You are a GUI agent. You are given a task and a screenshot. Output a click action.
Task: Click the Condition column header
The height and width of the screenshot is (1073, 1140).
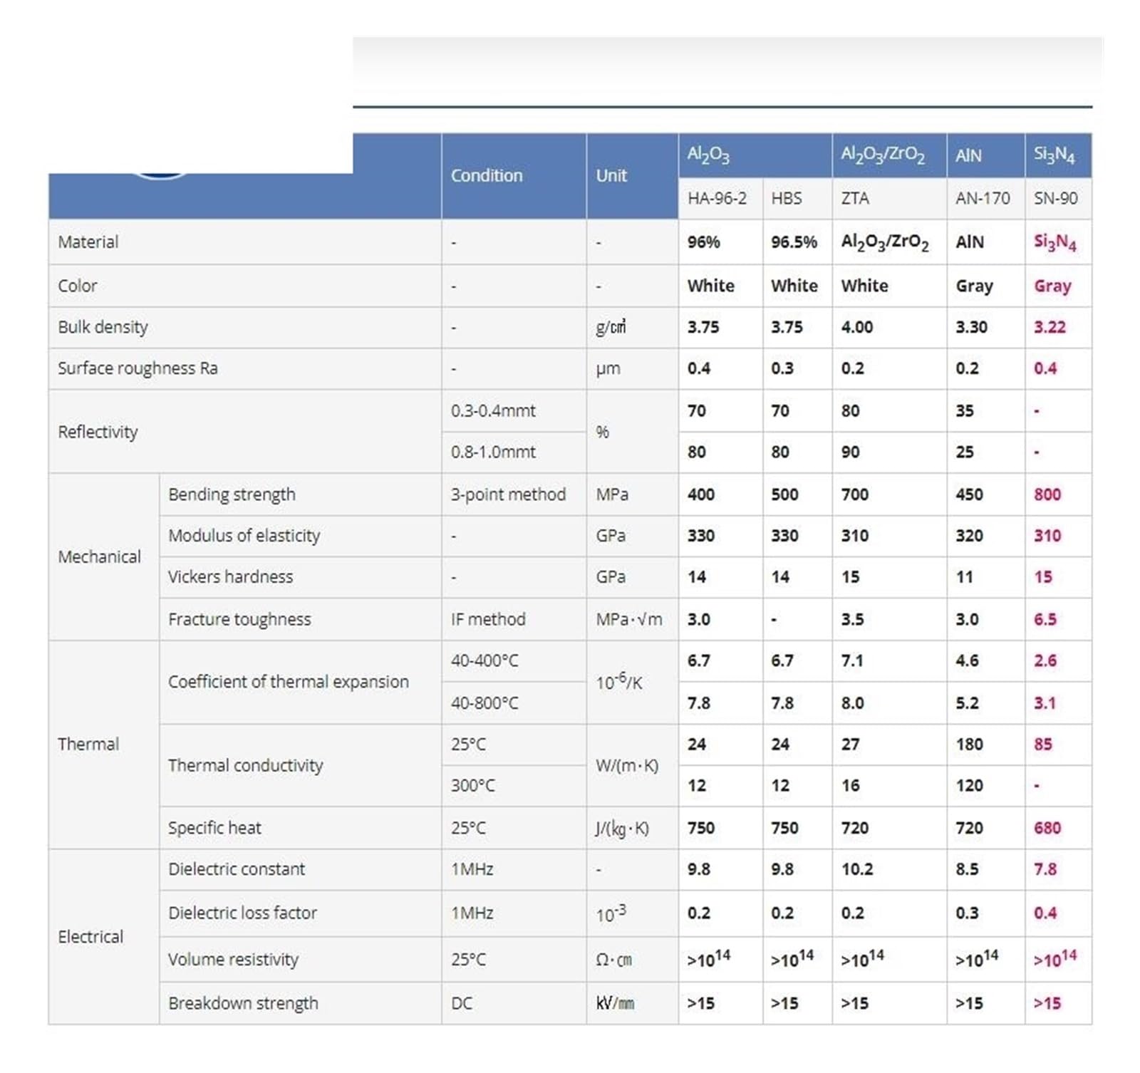[487, 175]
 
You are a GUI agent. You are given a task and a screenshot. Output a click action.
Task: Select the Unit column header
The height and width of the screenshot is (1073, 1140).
[611, 175]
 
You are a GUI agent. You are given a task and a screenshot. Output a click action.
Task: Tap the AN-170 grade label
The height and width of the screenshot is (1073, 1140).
[983, 198]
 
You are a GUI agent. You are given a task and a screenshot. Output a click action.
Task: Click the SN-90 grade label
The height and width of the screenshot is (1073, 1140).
[1055, 198]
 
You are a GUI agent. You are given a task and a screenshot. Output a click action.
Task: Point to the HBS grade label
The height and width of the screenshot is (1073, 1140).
[786, 198]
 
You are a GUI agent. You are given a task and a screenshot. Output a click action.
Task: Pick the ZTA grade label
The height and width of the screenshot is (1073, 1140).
[855, 198]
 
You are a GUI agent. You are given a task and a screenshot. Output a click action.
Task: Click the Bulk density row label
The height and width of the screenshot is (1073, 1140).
[103, 327]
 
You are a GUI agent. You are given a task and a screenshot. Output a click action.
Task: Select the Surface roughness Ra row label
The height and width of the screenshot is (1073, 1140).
[138, 368]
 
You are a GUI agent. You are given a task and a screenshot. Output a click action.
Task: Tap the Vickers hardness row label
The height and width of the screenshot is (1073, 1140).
[230, 576]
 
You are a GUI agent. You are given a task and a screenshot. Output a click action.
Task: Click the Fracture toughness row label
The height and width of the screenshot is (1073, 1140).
[239, 619]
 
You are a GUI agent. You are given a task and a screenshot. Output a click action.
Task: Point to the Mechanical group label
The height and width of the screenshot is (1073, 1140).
[99, 556]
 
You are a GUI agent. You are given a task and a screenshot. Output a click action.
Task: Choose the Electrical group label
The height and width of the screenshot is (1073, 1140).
[90, 936]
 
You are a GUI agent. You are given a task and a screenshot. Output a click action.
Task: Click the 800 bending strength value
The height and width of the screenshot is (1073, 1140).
[1047, 494]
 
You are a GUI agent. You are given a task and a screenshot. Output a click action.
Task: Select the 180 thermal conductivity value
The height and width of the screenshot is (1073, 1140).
[969, 744]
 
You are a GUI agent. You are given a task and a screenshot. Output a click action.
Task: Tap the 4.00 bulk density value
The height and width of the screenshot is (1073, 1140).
[856, 327]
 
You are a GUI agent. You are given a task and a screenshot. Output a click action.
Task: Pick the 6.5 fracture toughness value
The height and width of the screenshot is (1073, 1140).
[1045, 619]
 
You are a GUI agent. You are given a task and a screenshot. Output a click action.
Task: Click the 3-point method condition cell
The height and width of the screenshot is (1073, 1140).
[508, 494]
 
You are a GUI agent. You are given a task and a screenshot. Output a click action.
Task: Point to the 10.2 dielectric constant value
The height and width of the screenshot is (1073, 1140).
[856, 869]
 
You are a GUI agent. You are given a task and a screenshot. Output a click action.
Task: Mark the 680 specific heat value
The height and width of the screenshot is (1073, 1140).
[1047, 828]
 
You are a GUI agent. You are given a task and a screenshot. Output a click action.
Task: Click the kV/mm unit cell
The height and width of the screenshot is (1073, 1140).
[615, 1003]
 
